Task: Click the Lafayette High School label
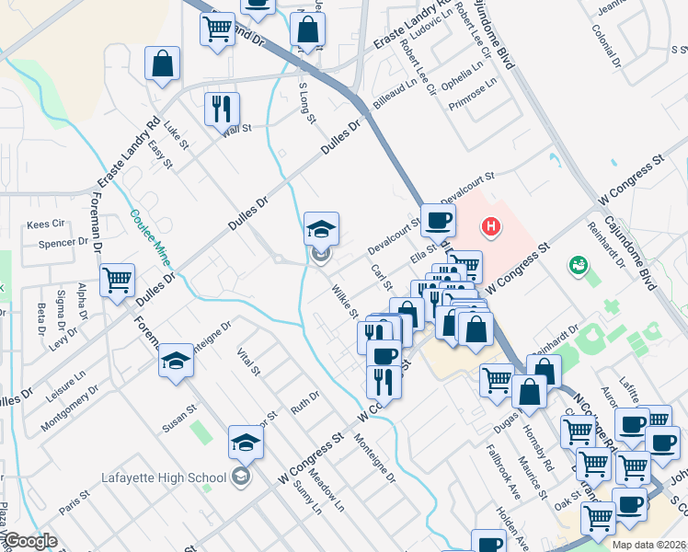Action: pos(164,477)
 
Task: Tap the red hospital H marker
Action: pos(492,225)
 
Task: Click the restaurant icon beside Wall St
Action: pos(221,109)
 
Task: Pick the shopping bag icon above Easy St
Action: pos(162,64)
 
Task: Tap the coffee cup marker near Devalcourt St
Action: pos(438,220)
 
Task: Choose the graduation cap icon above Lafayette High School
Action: pos(245,443)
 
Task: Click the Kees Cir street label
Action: pos(45,224)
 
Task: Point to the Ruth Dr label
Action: pos(304,402)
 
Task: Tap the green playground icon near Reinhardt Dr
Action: pos(579,266)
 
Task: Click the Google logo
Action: pos(30,541)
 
